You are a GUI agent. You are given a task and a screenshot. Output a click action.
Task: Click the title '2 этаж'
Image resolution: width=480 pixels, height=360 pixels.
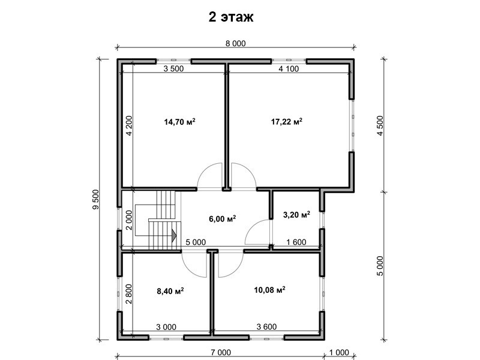coord(231,17)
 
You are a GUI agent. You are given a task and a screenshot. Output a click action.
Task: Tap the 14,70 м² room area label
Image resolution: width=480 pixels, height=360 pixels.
coord(179,122)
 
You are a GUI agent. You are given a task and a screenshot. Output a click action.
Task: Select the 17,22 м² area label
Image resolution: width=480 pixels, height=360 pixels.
coord(287,122)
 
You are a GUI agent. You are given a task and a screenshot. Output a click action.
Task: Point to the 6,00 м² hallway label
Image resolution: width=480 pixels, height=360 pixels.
coord(222,218)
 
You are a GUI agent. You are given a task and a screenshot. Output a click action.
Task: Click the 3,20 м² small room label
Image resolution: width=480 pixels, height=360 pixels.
coord(296,215)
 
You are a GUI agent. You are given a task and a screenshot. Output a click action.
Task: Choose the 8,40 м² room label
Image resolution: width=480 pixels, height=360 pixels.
coord(170,291)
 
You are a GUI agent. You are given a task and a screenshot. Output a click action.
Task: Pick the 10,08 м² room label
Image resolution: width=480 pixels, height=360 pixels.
coord(269,290)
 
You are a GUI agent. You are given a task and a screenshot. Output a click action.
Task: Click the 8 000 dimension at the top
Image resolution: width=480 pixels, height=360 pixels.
coord(235,43)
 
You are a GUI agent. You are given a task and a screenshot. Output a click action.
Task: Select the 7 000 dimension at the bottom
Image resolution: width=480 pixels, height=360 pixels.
coord(221,353)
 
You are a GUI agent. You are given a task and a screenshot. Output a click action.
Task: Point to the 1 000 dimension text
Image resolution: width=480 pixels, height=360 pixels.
coord(339,353)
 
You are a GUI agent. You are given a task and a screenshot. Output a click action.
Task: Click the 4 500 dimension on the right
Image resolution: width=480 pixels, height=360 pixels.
coord(380,125)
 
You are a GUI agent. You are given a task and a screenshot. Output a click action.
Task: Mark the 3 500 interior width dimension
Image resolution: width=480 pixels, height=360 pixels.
coord(173,68)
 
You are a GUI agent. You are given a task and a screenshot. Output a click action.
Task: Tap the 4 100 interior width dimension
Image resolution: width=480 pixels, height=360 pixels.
coord(289,68)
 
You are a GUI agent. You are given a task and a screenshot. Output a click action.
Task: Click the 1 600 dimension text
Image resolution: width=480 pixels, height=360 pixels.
coord(296,242)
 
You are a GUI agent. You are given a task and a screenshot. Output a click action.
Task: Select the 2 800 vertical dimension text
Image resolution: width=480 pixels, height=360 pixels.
coord(128,294)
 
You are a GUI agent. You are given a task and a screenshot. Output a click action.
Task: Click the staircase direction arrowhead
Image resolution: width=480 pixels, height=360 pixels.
coord(174,235)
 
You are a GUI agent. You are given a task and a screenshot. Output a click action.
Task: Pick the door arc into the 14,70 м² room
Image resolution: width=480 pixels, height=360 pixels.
coord(203,170)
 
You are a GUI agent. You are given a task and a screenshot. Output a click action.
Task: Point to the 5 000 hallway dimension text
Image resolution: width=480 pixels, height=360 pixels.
coord(196,242)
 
